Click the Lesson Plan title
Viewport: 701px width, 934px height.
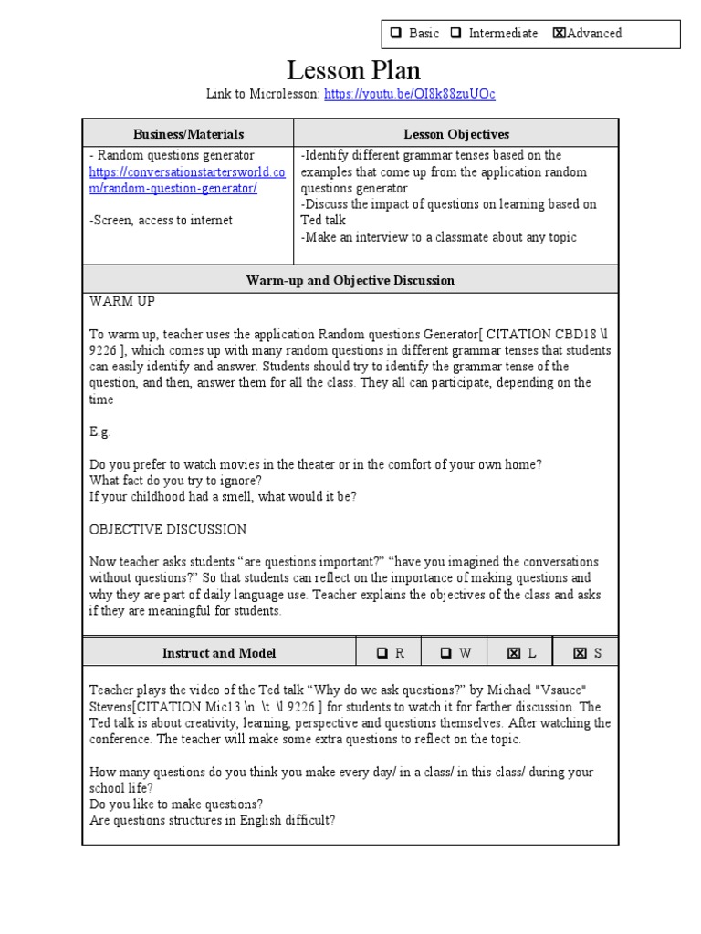(x=353, y=69)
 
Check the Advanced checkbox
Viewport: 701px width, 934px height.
(x=559, y=34)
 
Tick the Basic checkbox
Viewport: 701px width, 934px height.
(x=396, y=34)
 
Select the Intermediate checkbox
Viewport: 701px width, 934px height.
(x=455, y=34)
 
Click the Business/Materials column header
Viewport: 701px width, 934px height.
(x=189, y=134)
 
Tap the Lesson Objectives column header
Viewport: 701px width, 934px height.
(x=456, y=134)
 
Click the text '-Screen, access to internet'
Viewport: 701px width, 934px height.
(x=161, y=220)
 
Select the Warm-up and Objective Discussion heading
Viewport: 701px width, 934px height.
(x=350, y=280)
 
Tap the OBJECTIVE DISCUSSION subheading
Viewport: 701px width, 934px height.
(x=168, y=529)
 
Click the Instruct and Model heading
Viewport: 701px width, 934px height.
(x=219, y=653)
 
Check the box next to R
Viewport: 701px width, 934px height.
(x=382, y=653)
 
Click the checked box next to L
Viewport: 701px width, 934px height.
(x=514, y=653)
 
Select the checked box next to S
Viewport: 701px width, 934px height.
(x=580, y=653)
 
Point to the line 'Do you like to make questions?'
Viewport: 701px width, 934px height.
(x=177, y=804)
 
